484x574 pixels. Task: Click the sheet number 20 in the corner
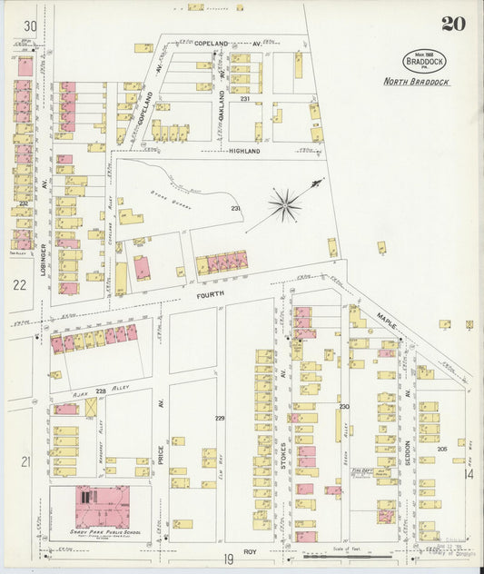(453, 24)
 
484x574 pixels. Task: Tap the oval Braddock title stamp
(425, 62)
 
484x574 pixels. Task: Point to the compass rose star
(285, 204)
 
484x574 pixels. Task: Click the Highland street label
(244, 151)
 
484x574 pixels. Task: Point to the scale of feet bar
(341, 556)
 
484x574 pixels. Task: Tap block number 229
(219, 418)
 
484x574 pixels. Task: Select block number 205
(442, 449)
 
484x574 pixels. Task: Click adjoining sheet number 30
(30, 26)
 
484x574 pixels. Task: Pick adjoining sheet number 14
(469, 474)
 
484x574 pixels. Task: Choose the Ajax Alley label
(84, 392)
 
